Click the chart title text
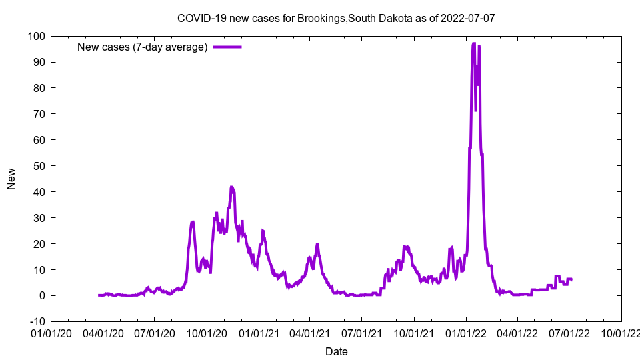click(336, 18)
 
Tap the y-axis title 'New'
click(11, 178)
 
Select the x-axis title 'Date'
click(336, 351)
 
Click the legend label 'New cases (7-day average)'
click(143, 47)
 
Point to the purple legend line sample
click(227, 47)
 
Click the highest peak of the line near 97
click(473, 43)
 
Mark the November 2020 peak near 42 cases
click(231, 187)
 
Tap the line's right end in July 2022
click(571, 279)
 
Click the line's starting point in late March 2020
click(99, 295)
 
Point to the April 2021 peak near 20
click(317, 244)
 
